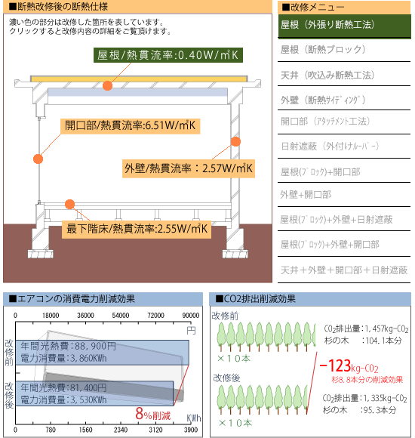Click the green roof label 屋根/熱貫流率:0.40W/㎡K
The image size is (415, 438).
point(168,55)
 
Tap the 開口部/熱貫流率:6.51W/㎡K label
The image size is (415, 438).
point(130,125)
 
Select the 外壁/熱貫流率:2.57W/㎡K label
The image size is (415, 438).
point(189,168)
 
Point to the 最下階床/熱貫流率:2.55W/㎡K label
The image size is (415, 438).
point(137,229)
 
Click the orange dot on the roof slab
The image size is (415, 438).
point(107,85)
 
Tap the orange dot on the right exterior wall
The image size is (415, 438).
point(236,142)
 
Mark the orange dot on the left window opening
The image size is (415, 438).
point(38,159)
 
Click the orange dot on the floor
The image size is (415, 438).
point(69,204)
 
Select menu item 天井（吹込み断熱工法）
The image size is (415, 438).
point(327,76)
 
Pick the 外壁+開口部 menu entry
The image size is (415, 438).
point(306,194)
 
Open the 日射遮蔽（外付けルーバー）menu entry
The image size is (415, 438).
point(330,146)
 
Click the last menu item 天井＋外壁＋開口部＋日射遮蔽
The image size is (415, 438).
point(344,270)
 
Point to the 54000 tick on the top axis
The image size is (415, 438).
point(121,316)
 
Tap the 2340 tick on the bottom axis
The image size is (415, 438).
point(121,430)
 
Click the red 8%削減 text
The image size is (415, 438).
point(153,414)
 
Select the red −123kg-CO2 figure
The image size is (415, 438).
point(349,366)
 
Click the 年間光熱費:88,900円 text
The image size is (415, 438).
point(68,346)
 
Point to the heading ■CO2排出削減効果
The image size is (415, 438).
point(255,299)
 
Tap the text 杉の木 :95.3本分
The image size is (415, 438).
point(359,410)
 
